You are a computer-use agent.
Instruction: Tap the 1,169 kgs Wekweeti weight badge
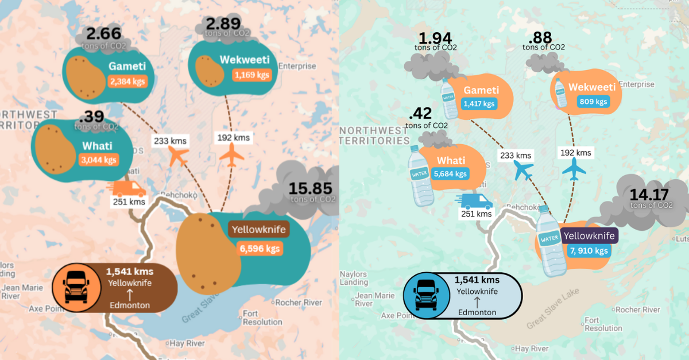coord(250,75)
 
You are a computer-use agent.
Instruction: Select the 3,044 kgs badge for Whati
coord(98,160)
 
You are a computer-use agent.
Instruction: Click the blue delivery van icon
coord(474,200)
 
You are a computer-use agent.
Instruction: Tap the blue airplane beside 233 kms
coord(523,170)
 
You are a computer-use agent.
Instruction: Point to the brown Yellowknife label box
coord(259,229)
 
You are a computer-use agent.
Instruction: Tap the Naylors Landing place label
coord(353,278)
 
